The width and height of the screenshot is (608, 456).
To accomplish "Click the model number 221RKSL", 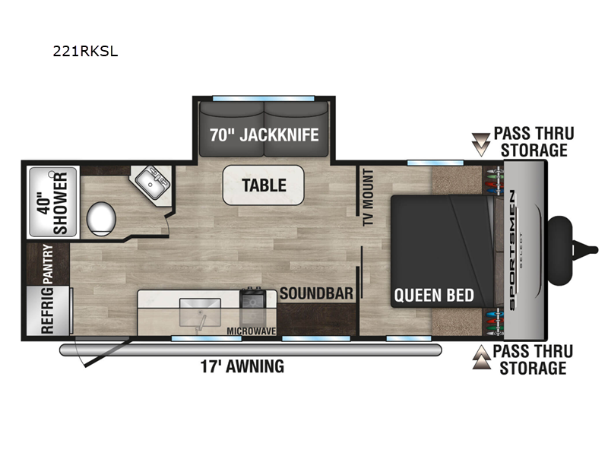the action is coord(85,51).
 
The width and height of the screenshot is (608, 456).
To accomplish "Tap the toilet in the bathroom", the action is coord(101,219).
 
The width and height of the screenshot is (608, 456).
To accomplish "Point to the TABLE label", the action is coord(264,185).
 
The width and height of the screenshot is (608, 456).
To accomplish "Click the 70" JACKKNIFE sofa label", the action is coord(264,135).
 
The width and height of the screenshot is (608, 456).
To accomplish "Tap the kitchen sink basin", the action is coord(200,312).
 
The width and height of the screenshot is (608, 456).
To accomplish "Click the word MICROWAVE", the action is coord(252,331).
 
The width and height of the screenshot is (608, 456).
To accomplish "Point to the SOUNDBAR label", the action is coord(316,293).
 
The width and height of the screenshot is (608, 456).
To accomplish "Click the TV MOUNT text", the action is coord(368,198).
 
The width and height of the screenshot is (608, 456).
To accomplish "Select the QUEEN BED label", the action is coord(434,296).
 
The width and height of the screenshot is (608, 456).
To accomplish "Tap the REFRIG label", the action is coord(47,311).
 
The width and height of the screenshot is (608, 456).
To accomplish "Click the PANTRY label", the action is coord(47,264).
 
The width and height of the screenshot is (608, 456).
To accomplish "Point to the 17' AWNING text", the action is coord(242,366).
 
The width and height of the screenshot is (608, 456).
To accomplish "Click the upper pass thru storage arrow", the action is coord(481,144).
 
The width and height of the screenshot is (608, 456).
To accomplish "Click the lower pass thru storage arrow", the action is coord(481,356).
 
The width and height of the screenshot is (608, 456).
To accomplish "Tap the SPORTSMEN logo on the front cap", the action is coord(511,250).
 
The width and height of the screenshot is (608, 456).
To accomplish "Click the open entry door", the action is coord(107,353).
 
